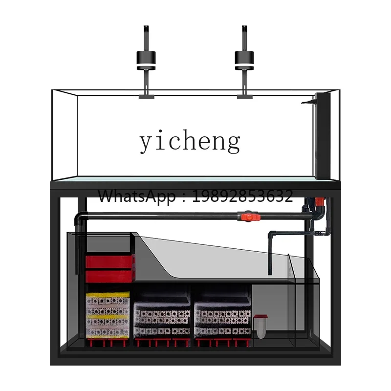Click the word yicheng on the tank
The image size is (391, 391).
(x=190, y=141)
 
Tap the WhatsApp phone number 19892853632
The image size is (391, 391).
(x=242, y=196)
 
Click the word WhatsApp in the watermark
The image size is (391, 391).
(x=137, y=196)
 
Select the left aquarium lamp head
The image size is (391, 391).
(x=146, y=61)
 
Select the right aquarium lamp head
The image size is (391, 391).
(x=244, y=61)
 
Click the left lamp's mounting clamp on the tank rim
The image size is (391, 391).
(x=146, y=96)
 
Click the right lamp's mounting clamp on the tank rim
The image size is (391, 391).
(x=245, y=96)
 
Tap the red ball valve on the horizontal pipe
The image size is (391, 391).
(x=249, y=217)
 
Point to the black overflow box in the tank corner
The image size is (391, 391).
(x=323, y=136)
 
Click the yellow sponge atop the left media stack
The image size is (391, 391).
(x=108, y=295)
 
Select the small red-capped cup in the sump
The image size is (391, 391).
(x=261, y=326)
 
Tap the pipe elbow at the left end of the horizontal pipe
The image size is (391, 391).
(x=80, y=218)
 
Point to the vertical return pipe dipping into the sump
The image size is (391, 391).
(x=270, y=254)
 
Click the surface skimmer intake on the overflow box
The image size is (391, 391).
(x=308, y=102)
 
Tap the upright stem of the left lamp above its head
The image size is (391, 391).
(x=146, y=38)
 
